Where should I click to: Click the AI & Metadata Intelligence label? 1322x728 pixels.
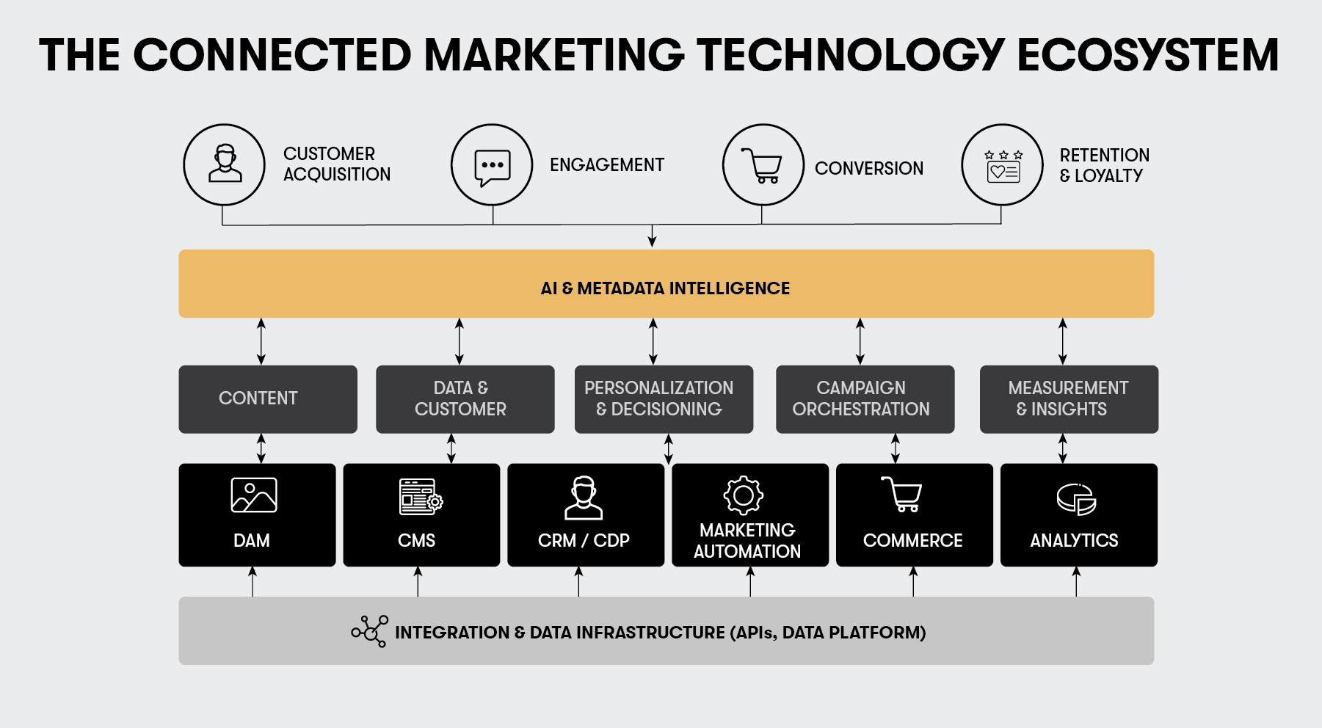(665, 288)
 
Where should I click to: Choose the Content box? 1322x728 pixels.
(268, 399)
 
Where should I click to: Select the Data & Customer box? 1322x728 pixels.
(465, 399)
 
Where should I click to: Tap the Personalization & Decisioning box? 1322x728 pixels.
(664, 399)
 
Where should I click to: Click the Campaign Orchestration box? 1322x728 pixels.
(865, 399)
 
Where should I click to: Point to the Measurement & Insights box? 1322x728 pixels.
(1069, 399)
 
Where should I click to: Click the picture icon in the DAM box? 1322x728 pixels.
(254, 495)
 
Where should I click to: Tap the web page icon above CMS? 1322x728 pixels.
(421, 497)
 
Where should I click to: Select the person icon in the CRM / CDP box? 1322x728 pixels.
(584, 498)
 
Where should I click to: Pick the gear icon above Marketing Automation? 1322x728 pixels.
(744, 495)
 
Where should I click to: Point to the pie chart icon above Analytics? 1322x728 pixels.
(1076, 499)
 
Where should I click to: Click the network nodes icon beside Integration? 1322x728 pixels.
(369, 631)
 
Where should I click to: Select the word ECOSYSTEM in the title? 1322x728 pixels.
(1147, 55)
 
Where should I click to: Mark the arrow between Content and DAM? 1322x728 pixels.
(261, 448)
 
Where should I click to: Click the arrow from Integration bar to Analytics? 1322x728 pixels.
(1076, 581)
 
